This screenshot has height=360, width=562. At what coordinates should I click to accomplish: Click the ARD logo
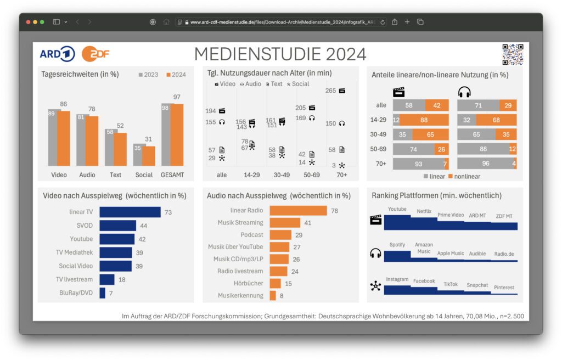[x=57, y=54]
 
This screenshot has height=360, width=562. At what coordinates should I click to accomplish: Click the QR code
[x=513, y=54]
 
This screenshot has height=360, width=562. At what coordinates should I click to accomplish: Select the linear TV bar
[x=130, y=212]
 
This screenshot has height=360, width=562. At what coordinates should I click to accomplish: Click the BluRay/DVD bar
[x=102, y=293]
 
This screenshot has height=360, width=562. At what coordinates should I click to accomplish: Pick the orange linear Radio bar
[x=298, y=211]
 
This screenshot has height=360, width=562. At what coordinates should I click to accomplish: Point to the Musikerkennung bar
[x=273, y=295]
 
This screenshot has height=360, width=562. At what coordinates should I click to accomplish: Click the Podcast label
[x=252, y=235]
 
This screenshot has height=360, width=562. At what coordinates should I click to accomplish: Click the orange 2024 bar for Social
[x=149, y=156]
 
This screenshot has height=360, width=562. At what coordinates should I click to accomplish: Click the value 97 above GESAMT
[x=176, y=97]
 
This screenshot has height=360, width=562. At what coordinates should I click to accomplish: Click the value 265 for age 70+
[x=330, y=91]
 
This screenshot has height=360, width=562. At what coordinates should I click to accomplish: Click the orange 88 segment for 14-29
[x=424, y=120]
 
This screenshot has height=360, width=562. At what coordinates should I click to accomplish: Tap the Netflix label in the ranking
[x=424, y=211]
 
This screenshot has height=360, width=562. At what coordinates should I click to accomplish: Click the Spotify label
[x=397, y=245]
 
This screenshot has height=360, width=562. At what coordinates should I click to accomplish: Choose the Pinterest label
[x=504, y=288]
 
